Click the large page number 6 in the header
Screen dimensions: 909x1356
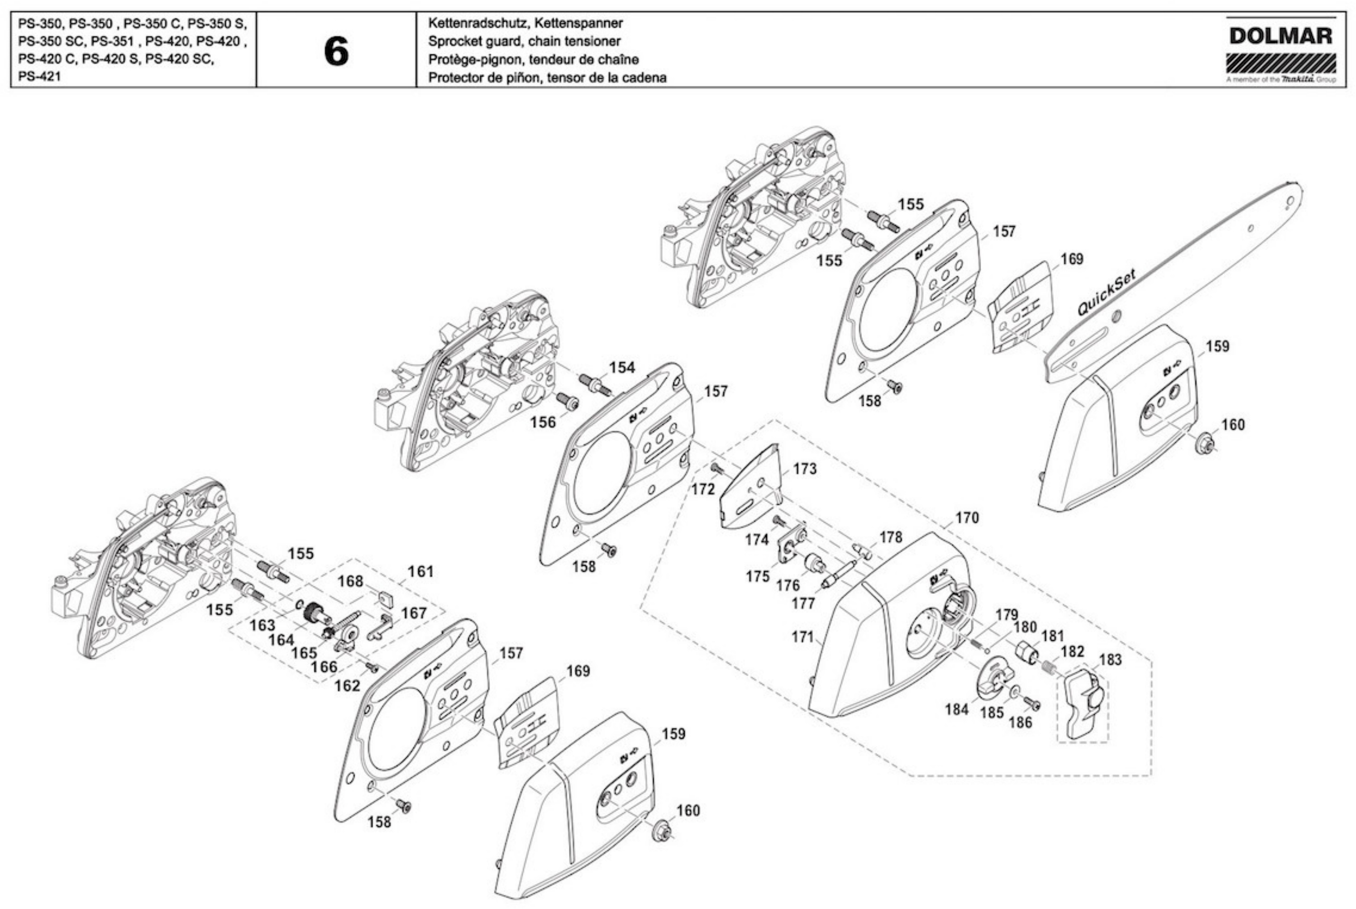336,51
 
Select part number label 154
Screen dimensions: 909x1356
622,368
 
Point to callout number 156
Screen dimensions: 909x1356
543,422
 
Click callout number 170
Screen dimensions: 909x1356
967,517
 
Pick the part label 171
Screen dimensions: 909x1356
803,637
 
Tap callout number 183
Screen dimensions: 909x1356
1110,660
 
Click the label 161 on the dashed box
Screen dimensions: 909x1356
420,571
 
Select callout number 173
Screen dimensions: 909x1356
804,469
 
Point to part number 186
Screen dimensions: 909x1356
1020,723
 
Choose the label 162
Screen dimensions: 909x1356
347,686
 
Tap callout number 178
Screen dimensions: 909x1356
891,537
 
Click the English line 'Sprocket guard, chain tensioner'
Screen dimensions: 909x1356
524,41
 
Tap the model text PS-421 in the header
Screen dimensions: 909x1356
39,76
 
